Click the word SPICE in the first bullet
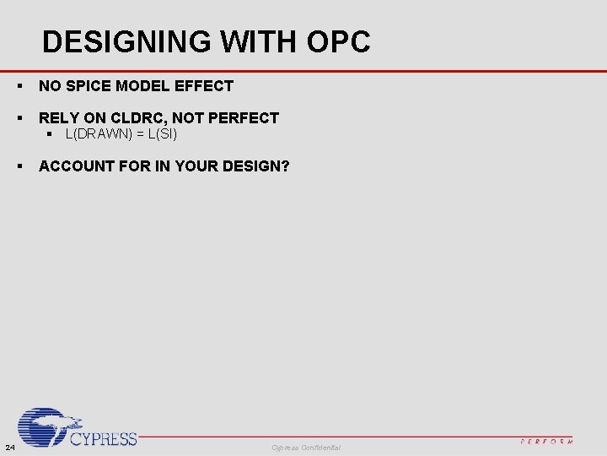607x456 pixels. pyautogui.click(x=88, y=85)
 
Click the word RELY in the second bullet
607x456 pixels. pyautogui.click(x=57, y=118)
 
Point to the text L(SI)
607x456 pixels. pyautogui.click(x=162, y=134)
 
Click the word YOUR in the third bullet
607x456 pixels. pyautogui.click(x=198, y=166)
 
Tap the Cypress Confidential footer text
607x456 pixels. pyautogui.click(x=306, y=446)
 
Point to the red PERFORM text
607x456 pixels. pyautogui.click(x=547, y=441)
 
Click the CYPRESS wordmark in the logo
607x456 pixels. pyautogui.click(x=103, y=438)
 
